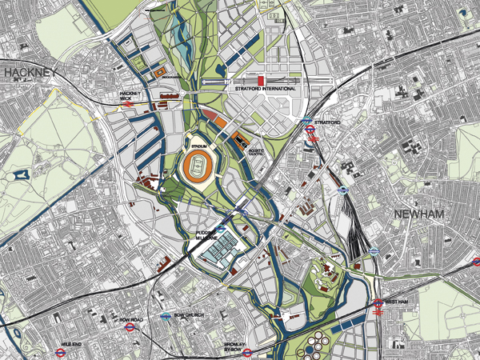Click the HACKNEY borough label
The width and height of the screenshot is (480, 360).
[x=30, y=73]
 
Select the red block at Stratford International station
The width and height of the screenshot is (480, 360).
[x=261, y=81]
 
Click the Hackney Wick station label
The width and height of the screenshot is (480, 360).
[x=130, y=95]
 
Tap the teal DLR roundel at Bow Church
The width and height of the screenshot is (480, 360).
[x=164, y=317]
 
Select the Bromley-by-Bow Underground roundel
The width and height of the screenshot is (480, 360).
[x=248, y=350]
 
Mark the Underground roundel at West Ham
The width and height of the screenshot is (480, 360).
[x=376, y=302]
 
